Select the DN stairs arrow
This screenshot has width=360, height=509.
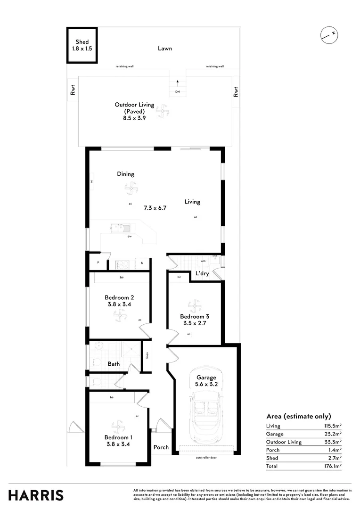178,84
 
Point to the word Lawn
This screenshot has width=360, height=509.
165,48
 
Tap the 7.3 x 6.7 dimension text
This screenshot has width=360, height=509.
155,207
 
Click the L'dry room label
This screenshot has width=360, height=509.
202,274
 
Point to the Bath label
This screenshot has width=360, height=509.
114,364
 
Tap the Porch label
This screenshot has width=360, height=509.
161,447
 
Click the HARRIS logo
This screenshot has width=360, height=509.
36,495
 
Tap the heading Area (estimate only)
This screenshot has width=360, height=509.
298,416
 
